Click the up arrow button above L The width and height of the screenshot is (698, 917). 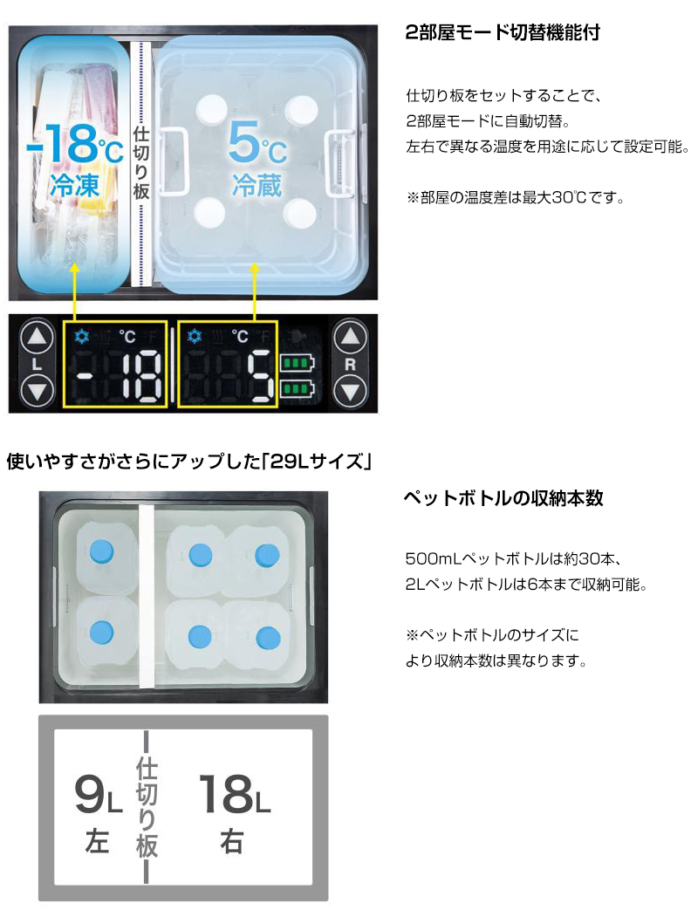point(37,338)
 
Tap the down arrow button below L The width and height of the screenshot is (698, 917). point(37,390)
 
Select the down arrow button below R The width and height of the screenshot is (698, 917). point(350,390)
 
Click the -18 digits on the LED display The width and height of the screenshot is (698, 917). point(114,377)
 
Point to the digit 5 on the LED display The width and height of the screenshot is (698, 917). point(259,377)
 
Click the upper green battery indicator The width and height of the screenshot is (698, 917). point(297,363)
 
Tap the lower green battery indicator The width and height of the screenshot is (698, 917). point(297,387)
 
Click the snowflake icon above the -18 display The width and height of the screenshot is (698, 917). point(82,336)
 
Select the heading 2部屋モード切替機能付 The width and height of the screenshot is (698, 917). point(503,32)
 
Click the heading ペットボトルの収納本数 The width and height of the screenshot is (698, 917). point(503,498)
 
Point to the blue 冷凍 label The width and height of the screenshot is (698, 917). point(75,185)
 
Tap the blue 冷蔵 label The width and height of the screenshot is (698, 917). point(257,185)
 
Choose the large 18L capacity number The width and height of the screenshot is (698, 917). point(235,794)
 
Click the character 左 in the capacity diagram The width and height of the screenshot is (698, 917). point(97,842)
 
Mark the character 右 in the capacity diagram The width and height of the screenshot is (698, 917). point(232,842)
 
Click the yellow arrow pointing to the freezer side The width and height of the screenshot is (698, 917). point(74,291)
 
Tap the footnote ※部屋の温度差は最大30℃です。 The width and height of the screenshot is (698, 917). point(516,198)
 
